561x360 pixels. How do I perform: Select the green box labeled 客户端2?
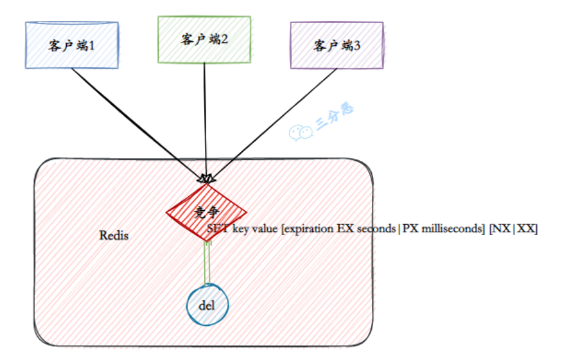[x=204, y=39]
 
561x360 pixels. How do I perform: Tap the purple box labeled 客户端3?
[x=336, y=45]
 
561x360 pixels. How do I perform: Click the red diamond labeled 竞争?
[x=206, y=211]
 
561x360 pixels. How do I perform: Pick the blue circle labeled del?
[x=207, y=306]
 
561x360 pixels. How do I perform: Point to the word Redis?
[x=114, y=236]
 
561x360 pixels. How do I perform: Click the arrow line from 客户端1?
[x=131, y=118]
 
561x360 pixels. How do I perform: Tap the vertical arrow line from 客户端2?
[x=206, y=118]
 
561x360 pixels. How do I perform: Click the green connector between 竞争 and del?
[x=207, y=262]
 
